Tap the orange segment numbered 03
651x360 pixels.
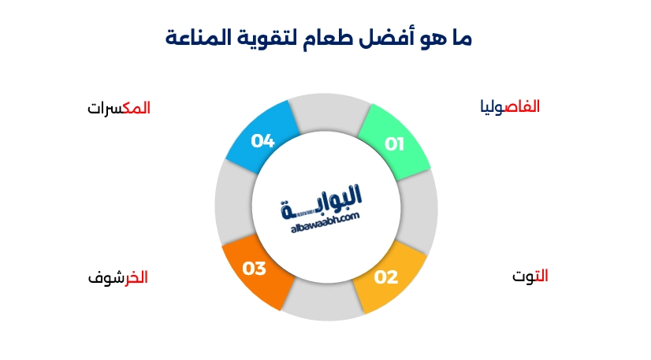255,269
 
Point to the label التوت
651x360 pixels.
530,276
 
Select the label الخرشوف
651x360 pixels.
117,277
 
